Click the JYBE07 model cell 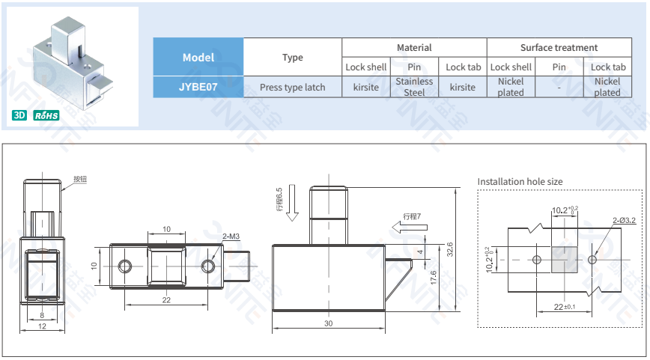click(198, 87)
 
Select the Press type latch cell click(292, 87)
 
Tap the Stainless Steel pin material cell click(414, 87)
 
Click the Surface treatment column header click(559, 47)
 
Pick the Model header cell click(198, 57)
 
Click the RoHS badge click(46, 116)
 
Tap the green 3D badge click(19, 116)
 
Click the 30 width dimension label click(328, 323)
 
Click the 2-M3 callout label click(231, 237)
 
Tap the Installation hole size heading click(520, 182)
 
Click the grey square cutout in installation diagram click(564, 259)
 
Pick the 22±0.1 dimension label click(564, 307)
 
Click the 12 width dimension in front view click(42, 326)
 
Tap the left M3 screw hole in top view click(126, 265)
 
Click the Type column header click(292, 57)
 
